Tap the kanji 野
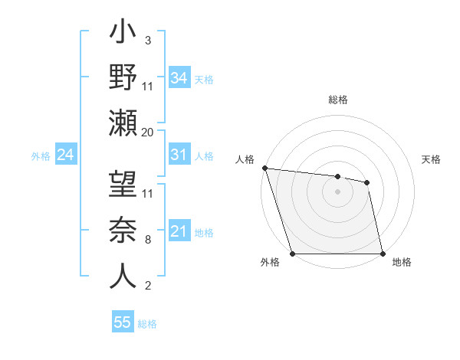123,79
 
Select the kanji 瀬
123,122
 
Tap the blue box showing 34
179,77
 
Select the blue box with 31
179,155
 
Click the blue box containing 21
179,231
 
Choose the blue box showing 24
65,155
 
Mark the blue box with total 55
123,322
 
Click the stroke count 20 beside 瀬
148,132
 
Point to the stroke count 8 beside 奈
148,239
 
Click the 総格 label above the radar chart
337,100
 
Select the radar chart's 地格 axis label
402,263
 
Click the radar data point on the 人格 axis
264,168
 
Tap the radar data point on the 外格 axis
292,254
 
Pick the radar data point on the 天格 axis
367,182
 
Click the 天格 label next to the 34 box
203,79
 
